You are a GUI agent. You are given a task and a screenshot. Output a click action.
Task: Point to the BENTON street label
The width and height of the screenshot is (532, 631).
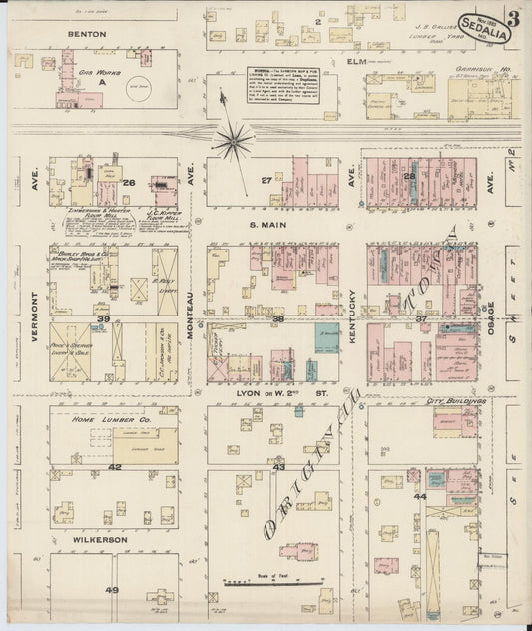tap(87, 34)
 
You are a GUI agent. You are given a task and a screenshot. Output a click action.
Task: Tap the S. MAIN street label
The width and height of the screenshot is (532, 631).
tap(268, 226)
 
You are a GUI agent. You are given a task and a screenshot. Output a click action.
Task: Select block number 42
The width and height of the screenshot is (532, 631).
tap(115, 466)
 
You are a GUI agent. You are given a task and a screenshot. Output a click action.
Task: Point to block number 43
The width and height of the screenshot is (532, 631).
tap(279, 466)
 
